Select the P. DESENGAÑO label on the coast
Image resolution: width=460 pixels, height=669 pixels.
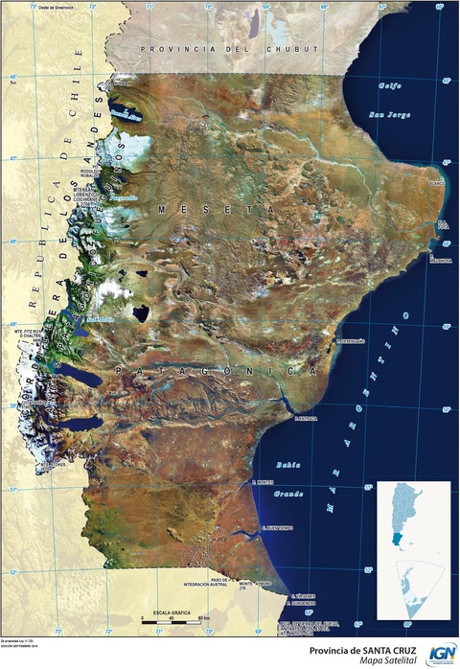pos(350,340)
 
